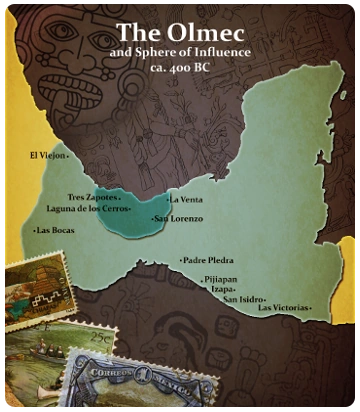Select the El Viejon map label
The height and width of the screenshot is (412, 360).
tap(48, 156)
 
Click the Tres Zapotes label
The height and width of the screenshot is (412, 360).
tap(92, 197)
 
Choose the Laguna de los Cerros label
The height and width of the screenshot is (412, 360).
tap(87, 209)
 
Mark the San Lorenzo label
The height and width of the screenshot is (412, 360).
tap(180, 218)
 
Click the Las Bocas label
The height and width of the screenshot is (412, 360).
tap(55, 231)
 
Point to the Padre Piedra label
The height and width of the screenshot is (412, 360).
tap(208, 260)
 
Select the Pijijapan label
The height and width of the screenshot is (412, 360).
tap(221, 279)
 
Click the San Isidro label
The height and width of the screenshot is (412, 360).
tap(243, 299)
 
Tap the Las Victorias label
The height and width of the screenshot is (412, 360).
tap(285, 308)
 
